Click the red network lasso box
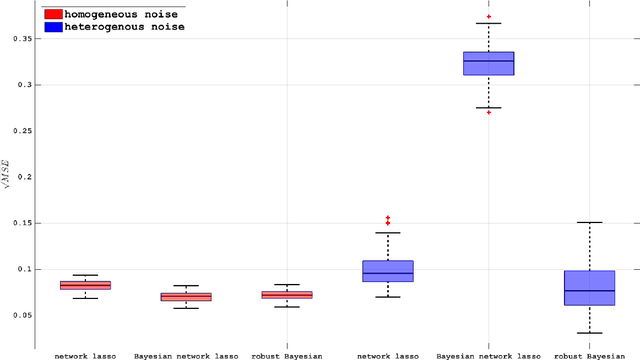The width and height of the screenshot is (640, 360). pyautogui.click(x=86, y=285)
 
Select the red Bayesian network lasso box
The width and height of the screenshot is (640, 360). pyautogui.click(x=186, y=297)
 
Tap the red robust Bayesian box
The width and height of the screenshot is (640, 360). pyautogui.click(x=287, y=295)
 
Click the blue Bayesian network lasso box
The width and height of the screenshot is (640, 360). pyautogui.click(x=489, y=63)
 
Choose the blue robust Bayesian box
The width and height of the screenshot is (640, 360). pyautogui.click(x=590, y=288)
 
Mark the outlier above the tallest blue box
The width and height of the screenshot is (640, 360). pyautogui.click(x=489, y=17)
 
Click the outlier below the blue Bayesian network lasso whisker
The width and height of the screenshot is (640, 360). pyautogui.click(x=489, y=113)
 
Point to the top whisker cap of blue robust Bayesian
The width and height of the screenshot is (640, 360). pyautogui.click(x=590, y=222)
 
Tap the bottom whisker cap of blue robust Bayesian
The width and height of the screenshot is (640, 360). pyautogui.click(x=590, y=333)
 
